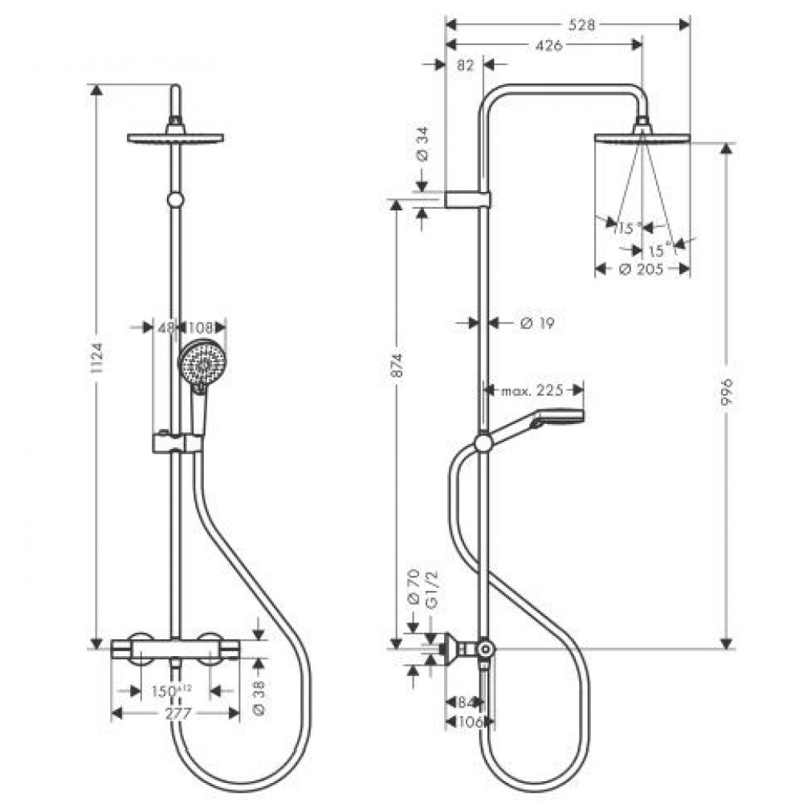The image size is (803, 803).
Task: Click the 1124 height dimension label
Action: tap(97, 365)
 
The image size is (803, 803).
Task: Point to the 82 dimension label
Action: tap(465, 66)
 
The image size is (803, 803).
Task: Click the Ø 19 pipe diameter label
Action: tap(537, 323)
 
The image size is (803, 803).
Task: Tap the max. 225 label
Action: tap(532, 391)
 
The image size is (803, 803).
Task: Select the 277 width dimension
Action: tap(174, 712)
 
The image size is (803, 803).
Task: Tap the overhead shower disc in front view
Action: tap(175, 137)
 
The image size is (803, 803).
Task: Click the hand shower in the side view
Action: tap(554, 419)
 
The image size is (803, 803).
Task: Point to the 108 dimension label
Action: tap(202, 327)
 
